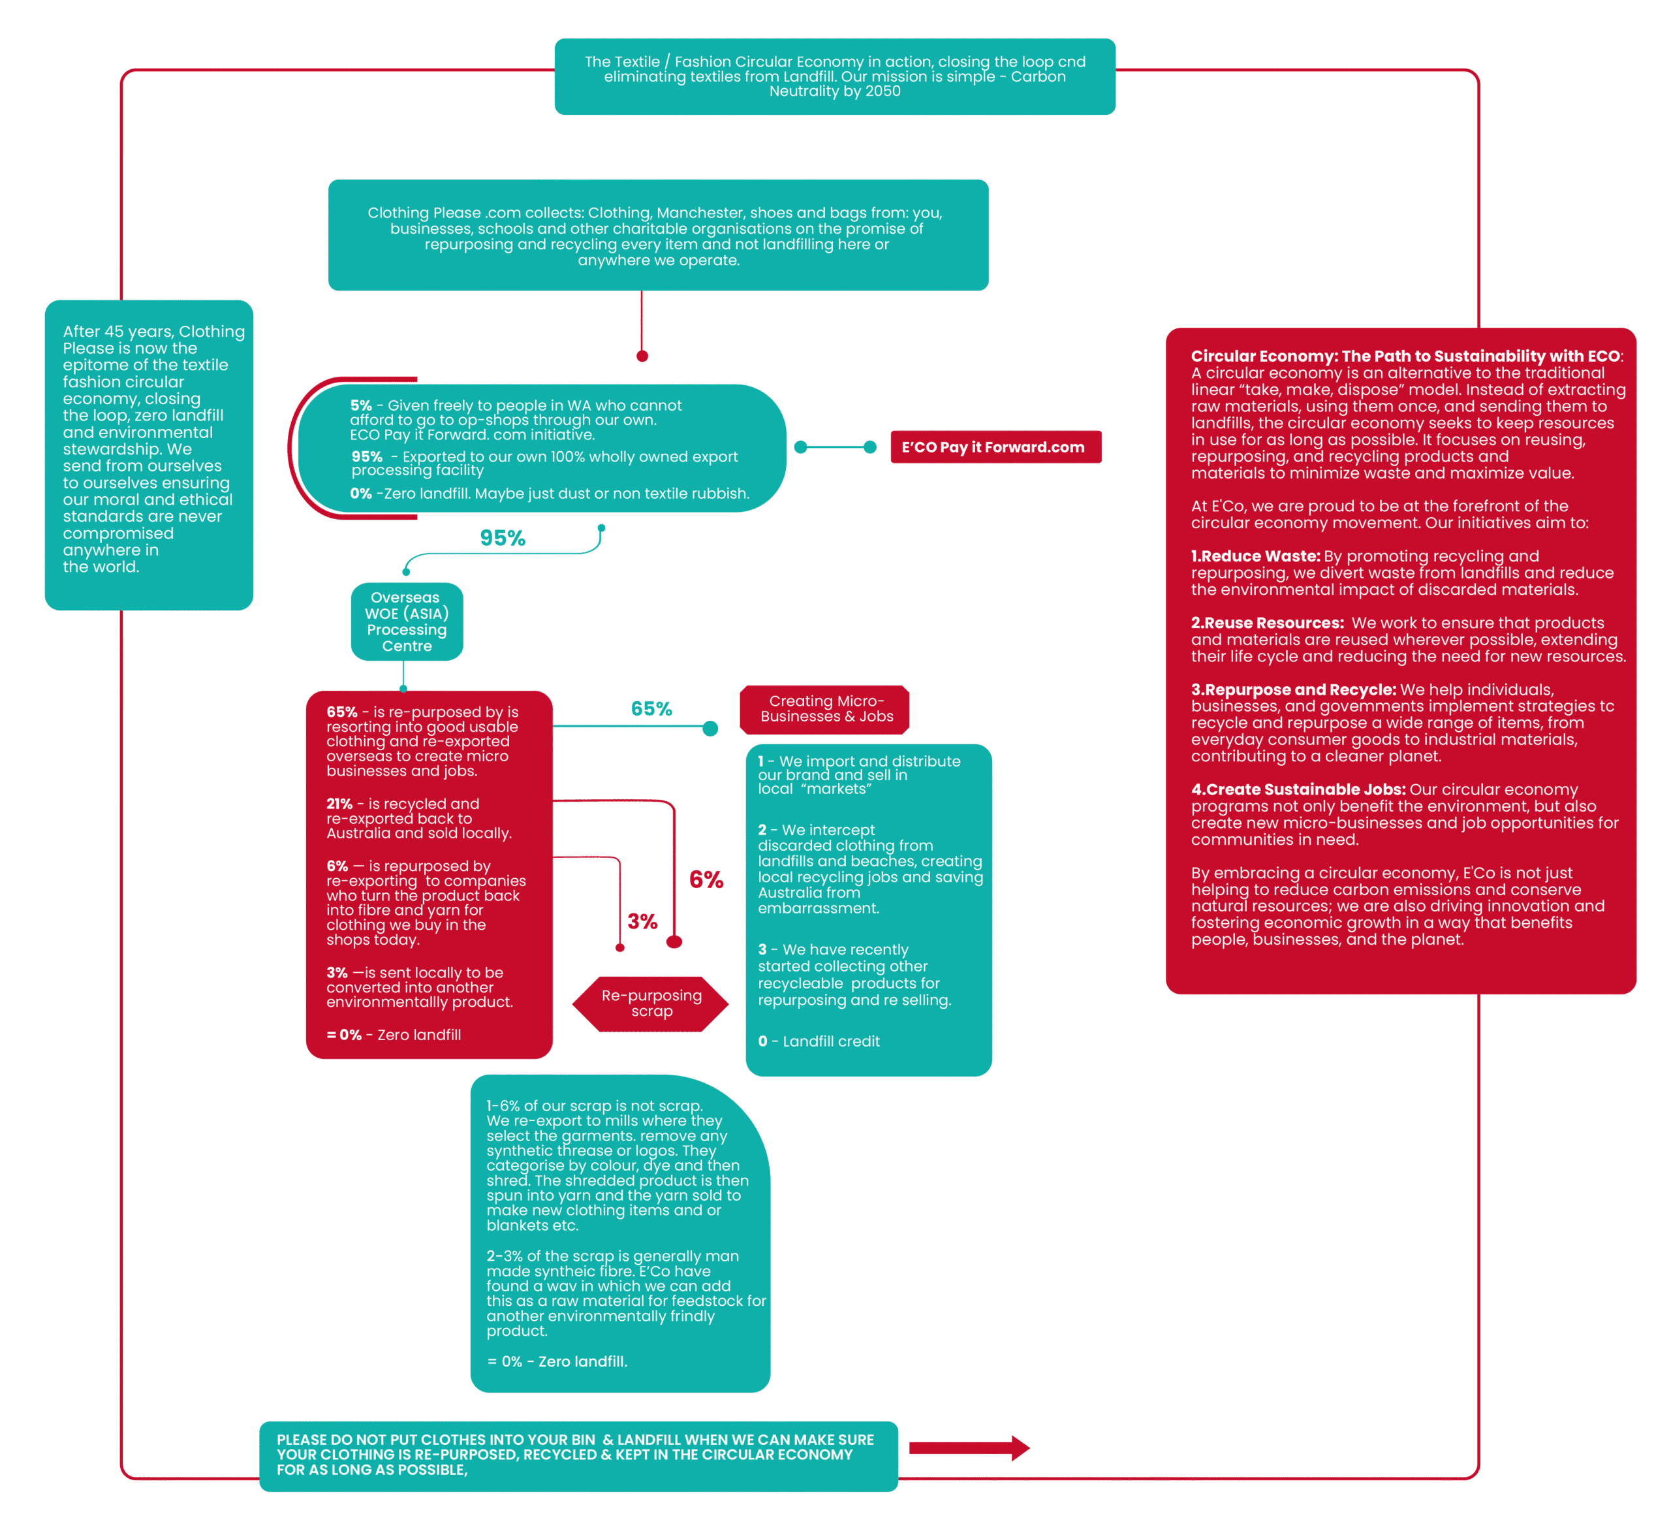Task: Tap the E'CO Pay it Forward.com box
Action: click(995, 447)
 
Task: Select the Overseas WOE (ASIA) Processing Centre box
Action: click(406, 621)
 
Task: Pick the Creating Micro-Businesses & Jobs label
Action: click(826, 709)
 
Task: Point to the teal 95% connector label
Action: click(503, 539)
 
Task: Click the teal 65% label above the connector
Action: click(651, 709)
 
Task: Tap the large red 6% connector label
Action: click(706, 879)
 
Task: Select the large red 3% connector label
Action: click(642, 921)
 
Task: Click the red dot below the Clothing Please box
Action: click(642, 356)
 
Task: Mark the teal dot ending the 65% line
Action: click(710, 729)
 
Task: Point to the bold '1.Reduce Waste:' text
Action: click(1255, 556)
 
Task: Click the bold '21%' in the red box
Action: click(339, 803)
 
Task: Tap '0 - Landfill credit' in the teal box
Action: click(819, 1041)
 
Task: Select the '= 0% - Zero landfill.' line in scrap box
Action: click(557, 1361)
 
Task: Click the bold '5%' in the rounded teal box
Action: click(360, 405)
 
